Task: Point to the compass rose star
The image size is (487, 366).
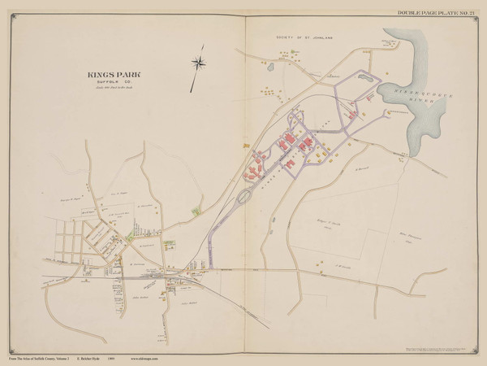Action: (x=197, y=63)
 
